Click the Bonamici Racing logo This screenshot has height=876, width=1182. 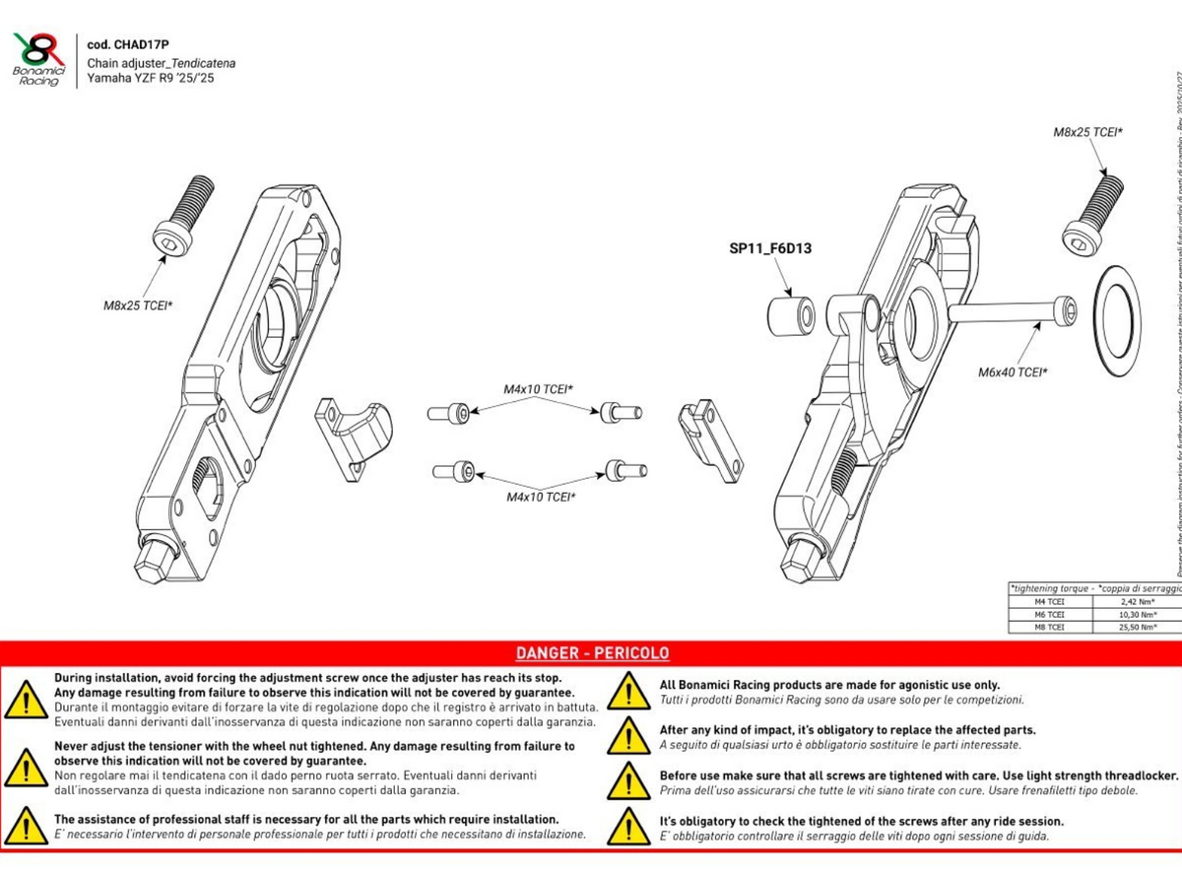[x=39, y=58]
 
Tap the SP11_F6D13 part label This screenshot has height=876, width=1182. [x=777, y=249]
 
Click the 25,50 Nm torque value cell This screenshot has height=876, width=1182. [x=1137, y=627]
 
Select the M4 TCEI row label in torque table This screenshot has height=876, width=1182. [x=1049, y=601]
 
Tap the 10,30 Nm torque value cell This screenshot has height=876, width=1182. [x=1137, y=614]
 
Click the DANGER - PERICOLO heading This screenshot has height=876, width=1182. [x=592, y=653]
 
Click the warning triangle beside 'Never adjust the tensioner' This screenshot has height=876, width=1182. [x=24, y=768]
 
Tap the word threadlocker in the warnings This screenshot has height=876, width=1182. [x=1138, y=775]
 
